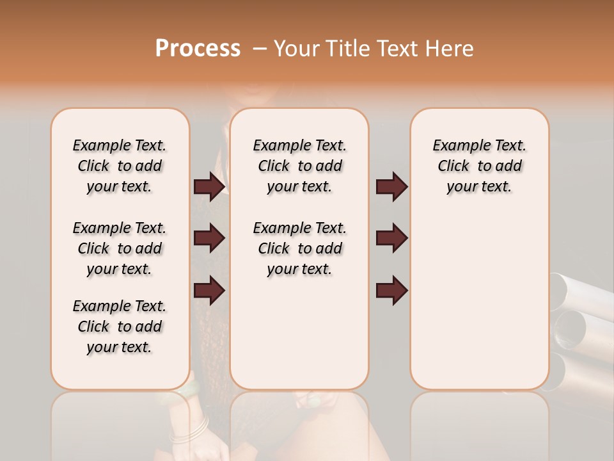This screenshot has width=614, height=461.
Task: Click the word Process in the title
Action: [198, 49]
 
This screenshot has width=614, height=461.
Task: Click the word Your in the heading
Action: [297, 49]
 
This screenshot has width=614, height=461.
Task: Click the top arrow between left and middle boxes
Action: [209, 187]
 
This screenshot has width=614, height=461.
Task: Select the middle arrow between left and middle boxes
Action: [209, 238]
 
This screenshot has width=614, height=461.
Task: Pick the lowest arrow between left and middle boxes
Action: [209, 290]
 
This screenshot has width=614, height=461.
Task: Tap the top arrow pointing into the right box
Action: [391, 187]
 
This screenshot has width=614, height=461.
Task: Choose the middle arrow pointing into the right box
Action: [391, 238]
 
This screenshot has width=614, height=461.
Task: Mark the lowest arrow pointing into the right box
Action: [391, 290]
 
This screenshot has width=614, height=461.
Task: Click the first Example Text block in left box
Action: [120, 166]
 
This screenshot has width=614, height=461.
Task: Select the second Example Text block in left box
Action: [120, 248]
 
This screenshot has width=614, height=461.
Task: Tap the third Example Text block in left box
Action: [120, 327]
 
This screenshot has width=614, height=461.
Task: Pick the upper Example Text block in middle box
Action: [299, 166]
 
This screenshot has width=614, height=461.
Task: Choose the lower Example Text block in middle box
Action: [299, 248]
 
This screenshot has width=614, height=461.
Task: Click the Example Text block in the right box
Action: [479, 166]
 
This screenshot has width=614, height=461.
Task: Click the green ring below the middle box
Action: [313, 401]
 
